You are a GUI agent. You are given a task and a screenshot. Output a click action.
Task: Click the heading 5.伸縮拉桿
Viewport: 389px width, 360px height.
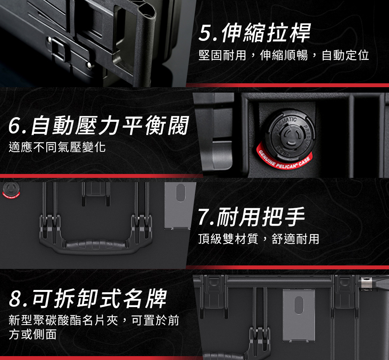[x=254, y=33]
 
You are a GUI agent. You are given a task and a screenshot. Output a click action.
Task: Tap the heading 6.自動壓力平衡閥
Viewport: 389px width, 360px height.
[x=98, y=125]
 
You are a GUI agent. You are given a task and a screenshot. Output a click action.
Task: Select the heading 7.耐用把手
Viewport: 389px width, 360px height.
[x=251, y=217]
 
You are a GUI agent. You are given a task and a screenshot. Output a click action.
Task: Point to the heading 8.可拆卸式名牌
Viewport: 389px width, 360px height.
[x=88, y=299]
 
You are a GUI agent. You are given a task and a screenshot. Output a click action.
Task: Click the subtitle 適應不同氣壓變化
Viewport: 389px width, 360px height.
[x=57, y=147]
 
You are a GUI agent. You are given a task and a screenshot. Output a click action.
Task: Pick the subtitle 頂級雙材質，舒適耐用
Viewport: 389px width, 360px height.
[x=259, y=239]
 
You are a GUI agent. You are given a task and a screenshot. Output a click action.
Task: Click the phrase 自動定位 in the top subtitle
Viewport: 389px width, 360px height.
[x=345, y=55]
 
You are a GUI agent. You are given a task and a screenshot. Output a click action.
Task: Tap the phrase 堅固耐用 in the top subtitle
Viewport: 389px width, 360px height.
[x=222, y=55]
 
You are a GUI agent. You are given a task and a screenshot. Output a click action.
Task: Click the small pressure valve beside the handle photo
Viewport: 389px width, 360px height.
[x=11, y=190]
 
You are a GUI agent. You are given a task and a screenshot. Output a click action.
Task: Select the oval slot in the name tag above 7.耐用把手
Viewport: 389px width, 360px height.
[x=180, y=193]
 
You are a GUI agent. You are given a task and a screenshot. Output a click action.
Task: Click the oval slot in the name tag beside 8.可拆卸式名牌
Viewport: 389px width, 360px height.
[x=299, y=305]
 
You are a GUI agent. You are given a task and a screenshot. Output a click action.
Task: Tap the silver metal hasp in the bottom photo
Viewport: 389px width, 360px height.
[x=367, y=284]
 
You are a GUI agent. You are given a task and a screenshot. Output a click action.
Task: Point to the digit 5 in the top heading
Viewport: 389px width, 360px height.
[x=205, y=33]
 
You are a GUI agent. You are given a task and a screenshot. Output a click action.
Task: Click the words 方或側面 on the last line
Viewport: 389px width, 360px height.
[x=33, y=334]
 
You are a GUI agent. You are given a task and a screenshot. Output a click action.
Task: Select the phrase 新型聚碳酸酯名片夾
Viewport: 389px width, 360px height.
[x=63, y=320]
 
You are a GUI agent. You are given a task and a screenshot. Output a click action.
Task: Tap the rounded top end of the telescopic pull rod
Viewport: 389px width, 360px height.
[x=147, y=12]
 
